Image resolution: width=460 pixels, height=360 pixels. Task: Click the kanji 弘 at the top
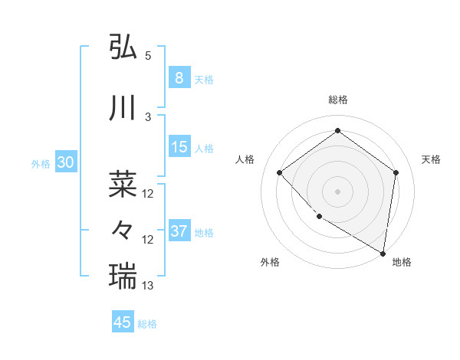(123, 47)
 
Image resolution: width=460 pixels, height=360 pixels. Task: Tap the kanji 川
(123, 109)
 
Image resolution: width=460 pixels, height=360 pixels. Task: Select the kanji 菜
(123, 183)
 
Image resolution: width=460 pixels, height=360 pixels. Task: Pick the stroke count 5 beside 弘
(147, 56)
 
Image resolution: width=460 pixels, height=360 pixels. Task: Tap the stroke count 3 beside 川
(147, 117)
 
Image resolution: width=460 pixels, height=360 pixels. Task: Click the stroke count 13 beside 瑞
(148, 286)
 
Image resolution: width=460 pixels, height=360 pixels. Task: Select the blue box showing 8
(179, 77)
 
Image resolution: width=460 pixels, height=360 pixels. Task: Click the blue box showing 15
(179, 146)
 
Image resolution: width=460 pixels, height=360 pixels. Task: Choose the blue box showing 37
(179, 231)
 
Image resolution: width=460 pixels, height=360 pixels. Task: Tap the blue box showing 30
(65, 162)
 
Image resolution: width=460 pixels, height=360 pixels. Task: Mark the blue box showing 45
(123, 322)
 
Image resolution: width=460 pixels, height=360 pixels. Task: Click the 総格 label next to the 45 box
(147, 324)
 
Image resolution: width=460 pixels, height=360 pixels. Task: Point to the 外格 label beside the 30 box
(41, 163)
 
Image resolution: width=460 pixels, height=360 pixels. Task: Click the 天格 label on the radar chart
(431, 159)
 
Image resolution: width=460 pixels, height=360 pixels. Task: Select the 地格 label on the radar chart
(402, 262)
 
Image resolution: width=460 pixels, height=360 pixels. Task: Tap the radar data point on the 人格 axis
(280, 173)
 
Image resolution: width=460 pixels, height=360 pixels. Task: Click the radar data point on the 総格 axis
(337, 131)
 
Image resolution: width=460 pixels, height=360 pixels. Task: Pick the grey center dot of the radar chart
(337, 191)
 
